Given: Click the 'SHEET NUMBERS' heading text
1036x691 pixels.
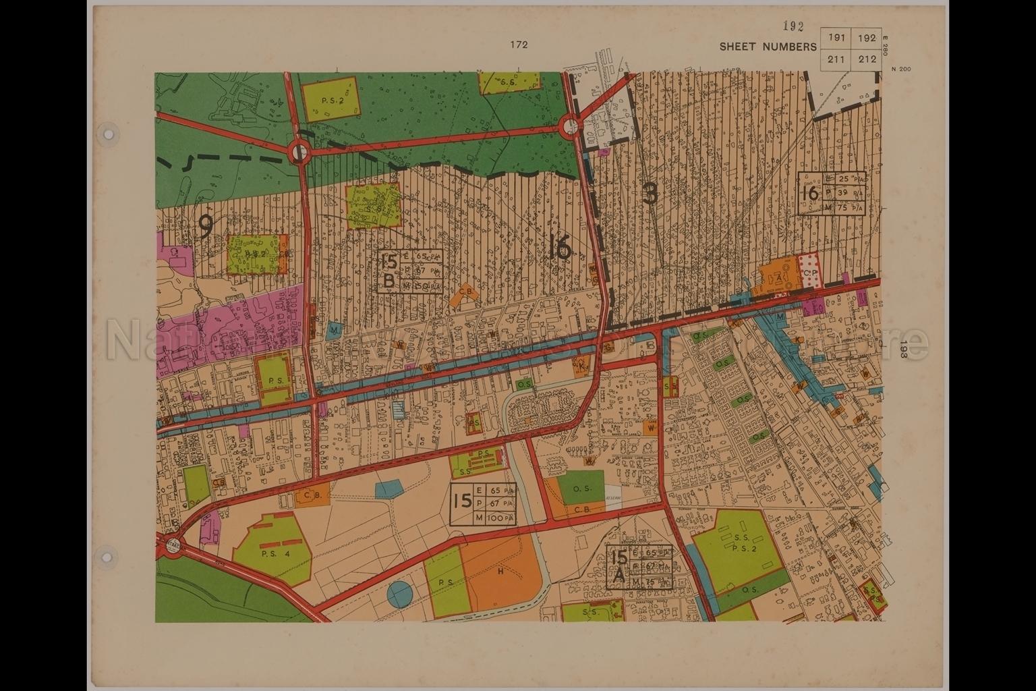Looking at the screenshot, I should click(768, 47).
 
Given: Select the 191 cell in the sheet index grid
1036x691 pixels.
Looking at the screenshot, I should click(836, 38).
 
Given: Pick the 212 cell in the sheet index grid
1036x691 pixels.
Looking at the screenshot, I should click(867, 59).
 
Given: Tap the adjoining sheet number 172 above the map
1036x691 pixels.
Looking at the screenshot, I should click(519, 45).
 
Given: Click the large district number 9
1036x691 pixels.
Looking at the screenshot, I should click(206, 228).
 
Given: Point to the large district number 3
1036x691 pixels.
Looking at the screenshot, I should click(650, 194).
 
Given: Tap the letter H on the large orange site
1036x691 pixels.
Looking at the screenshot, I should click(500, 572).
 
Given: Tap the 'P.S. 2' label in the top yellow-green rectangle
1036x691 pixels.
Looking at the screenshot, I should click(332, 100).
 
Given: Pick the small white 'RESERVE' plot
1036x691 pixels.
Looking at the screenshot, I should click(612, 496).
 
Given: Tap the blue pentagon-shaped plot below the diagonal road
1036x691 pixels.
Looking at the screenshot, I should click(387, 489).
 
